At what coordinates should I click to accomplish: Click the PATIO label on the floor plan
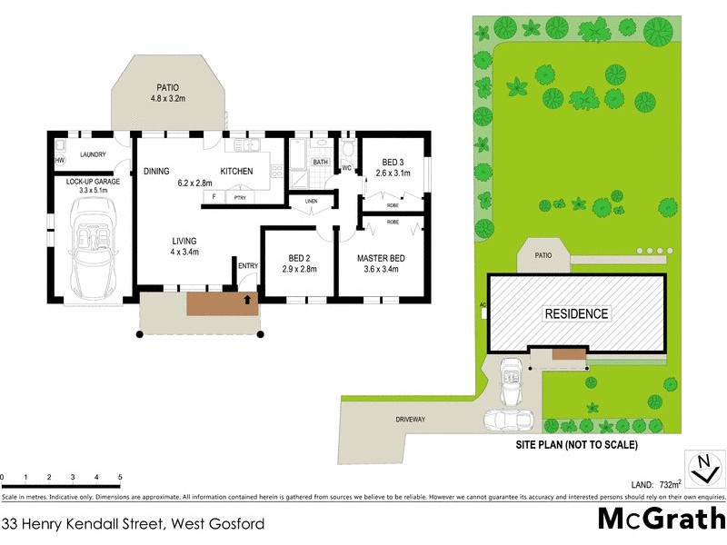166,87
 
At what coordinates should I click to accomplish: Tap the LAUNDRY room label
94,154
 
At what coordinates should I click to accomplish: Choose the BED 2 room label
298,258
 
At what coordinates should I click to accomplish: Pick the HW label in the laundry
59,161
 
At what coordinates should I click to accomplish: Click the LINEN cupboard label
311,201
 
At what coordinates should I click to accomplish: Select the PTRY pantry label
240,196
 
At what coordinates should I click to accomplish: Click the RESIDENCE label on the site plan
576,314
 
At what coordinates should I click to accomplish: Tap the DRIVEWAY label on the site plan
411,419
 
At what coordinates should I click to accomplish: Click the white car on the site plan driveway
509,420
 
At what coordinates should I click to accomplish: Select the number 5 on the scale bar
120,476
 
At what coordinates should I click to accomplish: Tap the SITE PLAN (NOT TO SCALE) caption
576,446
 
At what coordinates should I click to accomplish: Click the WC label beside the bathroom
346,168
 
